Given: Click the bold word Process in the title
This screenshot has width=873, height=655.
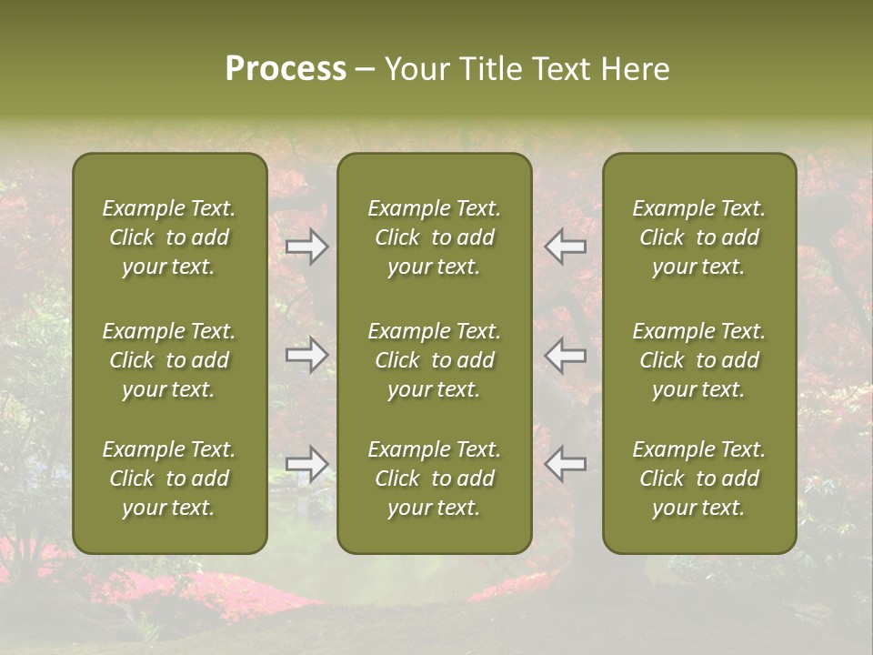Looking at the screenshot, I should pyautogui.click(x=286, y=69).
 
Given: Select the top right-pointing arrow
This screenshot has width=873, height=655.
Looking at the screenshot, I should pyautogui.click(x=306, y=247).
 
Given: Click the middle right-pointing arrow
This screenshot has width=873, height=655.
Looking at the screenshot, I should pyautogui.click(x=306, y=355).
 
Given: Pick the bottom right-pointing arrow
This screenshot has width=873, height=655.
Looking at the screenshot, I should pyautogui.click(x=306, y=464).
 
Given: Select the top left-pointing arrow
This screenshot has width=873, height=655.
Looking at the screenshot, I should pyautogui.click(x=566, y=247).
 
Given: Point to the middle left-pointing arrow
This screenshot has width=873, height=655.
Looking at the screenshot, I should pyautogui.click(x=566, y=355).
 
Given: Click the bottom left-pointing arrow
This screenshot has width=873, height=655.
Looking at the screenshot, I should pyautogui.click(x=566, y=464).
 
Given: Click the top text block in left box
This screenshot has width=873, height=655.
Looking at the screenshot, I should pyautogui.click(x=169, y=237).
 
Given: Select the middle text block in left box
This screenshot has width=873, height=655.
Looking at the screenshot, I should pyautogui.click(x=169, y=360).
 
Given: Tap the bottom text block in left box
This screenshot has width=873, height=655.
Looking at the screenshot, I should pyautogui.click(x=169, y=479).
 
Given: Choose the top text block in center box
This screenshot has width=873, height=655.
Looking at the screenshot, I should pyautogui.click(x=434, y=237).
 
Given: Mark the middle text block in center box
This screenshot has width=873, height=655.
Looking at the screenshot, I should pyautogui.click(x=434, y=360).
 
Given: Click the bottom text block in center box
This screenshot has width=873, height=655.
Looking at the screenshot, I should pyautogui.click(x=434, y=479).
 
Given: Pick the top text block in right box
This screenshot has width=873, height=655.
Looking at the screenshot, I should pyautogui.click(x=698, y=237).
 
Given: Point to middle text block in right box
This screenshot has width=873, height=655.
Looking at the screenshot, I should pyautogui.click(x=698, y=360).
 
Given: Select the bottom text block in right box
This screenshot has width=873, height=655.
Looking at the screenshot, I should pyautogui.click(x=698, y=479).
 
